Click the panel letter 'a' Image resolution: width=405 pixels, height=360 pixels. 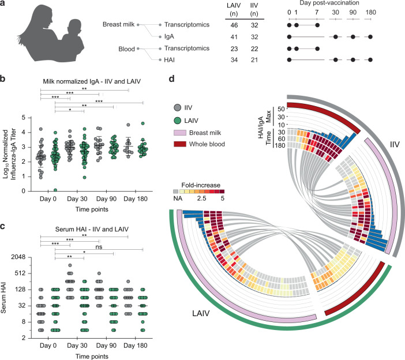coord(4,4)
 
